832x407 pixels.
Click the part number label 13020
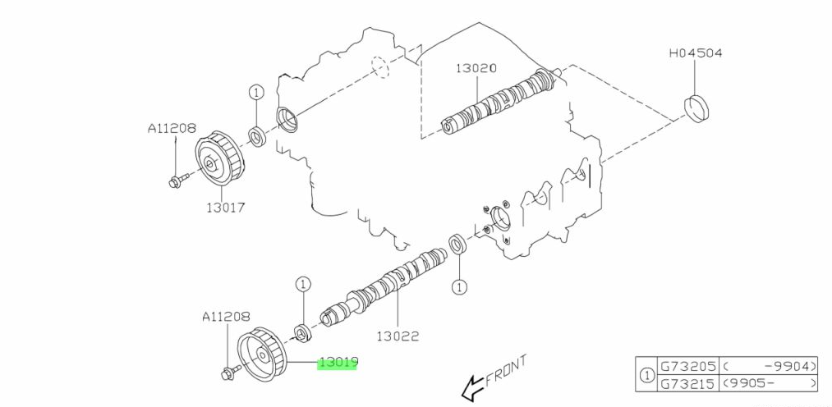pos(476,70)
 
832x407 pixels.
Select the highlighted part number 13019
pos(338,362)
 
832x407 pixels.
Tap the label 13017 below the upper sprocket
pos(225,208)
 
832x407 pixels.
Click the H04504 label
pos(695,53)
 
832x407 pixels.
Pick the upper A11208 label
pos(172,128)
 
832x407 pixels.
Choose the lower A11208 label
pos(224,315)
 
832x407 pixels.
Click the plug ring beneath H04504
pos(697,109)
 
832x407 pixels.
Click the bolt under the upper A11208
pos(177,180)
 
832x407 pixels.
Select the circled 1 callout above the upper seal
pos(255,93)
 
